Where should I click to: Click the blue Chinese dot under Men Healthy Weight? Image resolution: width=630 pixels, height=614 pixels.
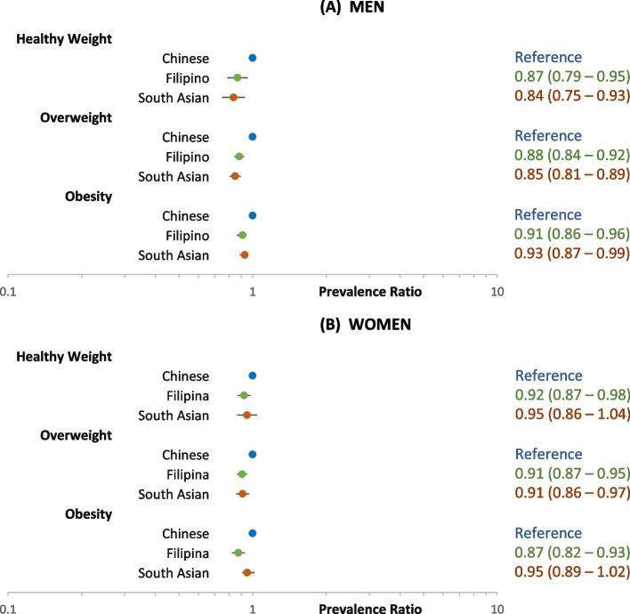pos(253,58)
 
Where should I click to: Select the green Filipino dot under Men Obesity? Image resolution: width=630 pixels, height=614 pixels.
pos(242,236)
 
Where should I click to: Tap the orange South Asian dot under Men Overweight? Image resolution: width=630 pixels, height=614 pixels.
pos(235,176)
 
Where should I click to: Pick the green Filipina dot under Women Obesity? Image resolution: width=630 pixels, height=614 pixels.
pos(238,553)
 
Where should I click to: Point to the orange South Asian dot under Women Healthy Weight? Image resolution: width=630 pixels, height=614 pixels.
pos(247,415)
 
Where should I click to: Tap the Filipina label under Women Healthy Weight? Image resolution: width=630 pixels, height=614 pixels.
pos(187,396)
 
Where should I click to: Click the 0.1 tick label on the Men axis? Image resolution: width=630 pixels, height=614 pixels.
pos(9,292)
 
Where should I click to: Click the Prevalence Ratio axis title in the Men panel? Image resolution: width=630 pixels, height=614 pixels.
pos(370,292)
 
